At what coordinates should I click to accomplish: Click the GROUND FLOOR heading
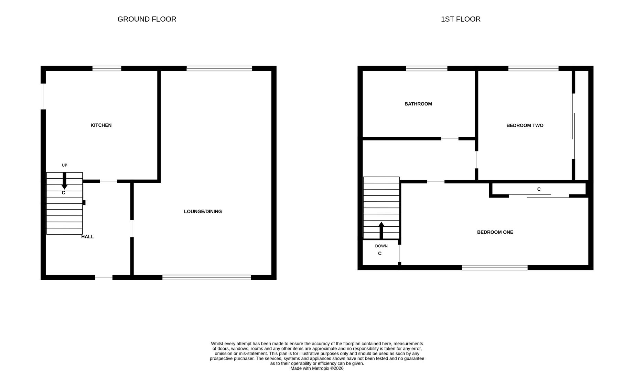(147, 19)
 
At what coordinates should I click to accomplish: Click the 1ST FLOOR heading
(460, 19)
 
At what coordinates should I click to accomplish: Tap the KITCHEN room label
(101, 125)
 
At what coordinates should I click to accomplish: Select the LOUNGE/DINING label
(203, 212)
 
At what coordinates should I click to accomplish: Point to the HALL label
(87, 237)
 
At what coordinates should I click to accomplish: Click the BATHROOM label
(418, 104)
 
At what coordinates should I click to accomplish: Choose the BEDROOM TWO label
(525, 126)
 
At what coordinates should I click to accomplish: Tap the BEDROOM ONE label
(495, 232)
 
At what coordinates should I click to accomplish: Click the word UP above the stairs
(64, 165)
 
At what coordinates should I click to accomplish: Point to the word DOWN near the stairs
(381, 246)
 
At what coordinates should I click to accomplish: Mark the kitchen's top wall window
(107, 68)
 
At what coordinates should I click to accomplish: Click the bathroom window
(427, 68)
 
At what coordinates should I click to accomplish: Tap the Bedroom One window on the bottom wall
(494, 268)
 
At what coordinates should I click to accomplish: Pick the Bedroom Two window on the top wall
(533, 68)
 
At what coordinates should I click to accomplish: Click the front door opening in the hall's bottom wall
(104, 277)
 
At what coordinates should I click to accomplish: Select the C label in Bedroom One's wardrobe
(539, 189)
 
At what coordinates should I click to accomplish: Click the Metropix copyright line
(317, 368)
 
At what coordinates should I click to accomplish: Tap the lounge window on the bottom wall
(206, 277)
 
